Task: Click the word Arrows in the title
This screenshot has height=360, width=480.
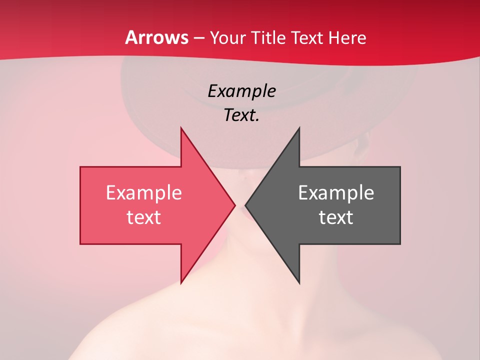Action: click(157, 37)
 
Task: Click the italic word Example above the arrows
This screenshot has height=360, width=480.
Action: click(241, 91)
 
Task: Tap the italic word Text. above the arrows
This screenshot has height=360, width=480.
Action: click(241, 115)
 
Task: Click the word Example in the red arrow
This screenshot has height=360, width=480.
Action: click(143, 193)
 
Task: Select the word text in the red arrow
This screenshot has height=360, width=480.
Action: click(143, 217)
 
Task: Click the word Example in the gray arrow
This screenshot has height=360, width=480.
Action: click(336, 193)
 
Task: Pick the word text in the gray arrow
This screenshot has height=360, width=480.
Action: click(336, 217)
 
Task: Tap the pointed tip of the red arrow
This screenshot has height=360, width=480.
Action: click(235, 205)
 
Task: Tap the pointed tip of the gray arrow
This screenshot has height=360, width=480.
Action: click(245, 205)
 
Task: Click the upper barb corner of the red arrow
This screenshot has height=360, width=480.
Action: click(181, 128)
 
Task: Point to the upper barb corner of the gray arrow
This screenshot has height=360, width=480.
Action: click(299, 128)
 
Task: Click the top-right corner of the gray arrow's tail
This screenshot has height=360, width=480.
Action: click(400, 167)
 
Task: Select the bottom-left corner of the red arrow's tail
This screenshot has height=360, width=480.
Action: click(80, 244)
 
